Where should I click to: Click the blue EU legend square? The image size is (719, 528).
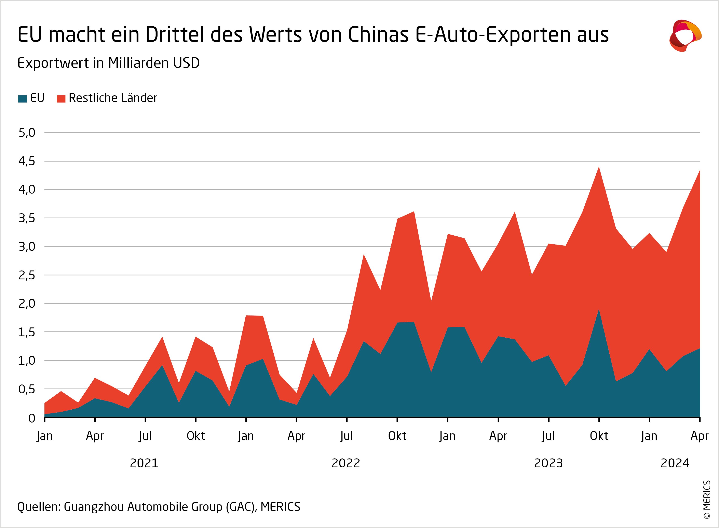(x=22, y=99)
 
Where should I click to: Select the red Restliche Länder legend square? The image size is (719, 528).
(x=61, y=99)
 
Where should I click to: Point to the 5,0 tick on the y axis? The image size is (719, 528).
(x=27, y=133)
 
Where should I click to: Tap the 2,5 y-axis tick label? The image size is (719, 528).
(x=27, y=275)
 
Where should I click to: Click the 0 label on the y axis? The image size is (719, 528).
(x=32, y=418)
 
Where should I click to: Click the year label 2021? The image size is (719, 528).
(x=144, y=463)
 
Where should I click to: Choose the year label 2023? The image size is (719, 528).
(x=548, y=463)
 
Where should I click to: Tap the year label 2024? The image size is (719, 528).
(x=675, y=463)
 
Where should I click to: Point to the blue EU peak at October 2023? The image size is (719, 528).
(x=599, y=310)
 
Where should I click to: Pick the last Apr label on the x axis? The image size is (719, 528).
(x=700, y=436)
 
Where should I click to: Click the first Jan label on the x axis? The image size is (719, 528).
(x=44, y=436)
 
